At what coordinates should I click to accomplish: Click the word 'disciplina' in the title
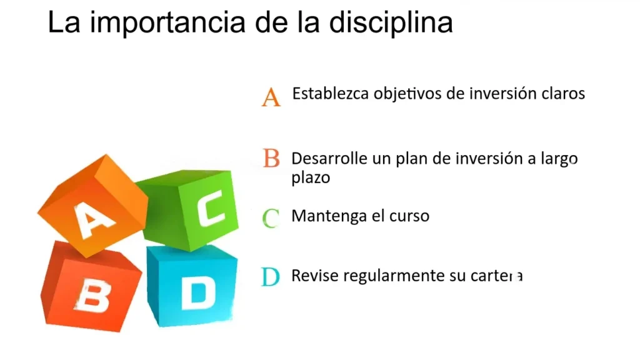tap(391, 23)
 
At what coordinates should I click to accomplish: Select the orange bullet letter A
tap(271, 97)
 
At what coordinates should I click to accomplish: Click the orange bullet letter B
tap(271, 158)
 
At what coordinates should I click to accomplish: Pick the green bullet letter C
tap(271, 218)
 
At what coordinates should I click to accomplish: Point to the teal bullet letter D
tap(270, 277)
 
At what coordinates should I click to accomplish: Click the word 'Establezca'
tap(331, 94)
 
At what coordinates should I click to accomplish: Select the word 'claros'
tap(563, 94)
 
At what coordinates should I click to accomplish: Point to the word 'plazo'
tap(311, 177)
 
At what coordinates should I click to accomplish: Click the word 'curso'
tap(410, 217)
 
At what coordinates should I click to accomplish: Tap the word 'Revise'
tap(312, 276)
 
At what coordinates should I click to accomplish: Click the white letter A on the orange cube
tap(94, 219)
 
